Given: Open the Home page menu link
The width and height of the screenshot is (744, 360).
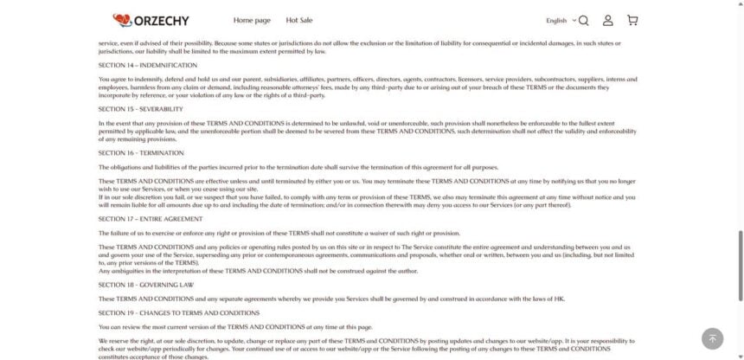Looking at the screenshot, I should click(252, 20).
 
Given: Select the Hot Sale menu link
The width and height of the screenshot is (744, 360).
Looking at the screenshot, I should click(299, 20).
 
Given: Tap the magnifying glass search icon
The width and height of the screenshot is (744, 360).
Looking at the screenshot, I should click(583, 20).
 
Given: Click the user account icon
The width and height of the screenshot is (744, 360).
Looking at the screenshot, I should click(608, 20).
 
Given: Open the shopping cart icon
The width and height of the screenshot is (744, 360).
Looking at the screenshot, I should click(632, 20).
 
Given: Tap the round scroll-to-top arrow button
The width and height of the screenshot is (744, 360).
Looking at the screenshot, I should click(712, 338).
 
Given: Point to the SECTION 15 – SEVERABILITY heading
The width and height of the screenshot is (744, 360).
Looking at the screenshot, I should click(140, 109).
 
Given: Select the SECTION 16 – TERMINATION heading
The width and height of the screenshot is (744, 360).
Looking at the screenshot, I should click(141, 152).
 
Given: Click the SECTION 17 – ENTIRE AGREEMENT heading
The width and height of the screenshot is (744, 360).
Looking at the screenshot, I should click(151, 219).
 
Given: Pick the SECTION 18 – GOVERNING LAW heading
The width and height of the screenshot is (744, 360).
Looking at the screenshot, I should click(144, 284).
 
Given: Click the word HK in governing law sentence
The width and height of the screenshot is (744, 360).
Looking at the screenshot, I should click(559, 299).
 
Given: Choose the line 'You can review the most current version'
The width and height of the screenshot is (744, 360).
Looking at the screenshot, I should click(235, 327).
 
